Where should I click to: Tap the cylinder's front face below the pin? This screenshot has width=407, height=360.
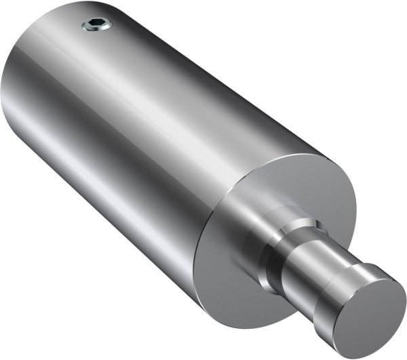(231, 298)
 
